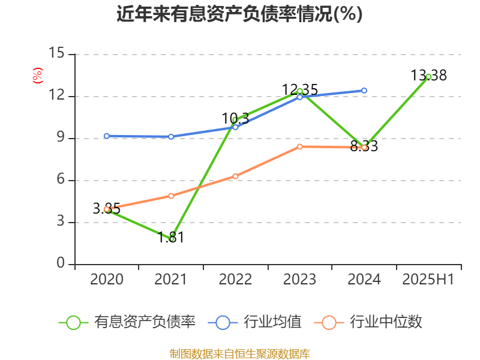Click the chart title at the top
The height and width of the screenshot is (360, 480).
[x=239, y=14]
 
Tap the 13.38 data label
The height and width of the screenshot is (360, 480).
[x=428, y=76]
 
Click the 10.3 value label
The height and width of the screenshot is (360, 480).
[x=235, y=118]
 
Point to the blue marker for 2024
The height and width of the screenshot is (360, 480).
[x=364, y=91]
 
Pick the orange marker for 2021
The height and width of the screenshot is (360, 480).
[x=171, y=196]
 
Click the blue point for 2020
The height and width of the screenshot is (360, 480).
[x=107, y=136]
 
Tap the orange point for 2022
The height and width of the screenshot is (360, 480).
[x=235, y=176]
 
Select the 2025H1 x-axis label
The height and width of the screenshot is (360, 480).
[x=428, y=280]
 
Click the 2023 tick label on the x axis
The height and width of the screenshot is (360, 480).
[x=299, y=280]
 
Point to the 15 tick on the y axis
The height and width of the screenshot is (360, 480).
[x=57, y=54]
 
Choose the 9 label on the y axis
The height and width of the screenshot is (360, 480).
[x=61, y=138]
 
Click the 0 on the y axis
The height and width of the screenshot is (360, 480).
[x=61, y=264]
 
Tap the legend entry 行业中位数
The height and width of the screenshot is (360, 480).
[x=372, y=322]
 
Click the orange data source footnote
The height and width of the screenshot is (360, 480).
[x=239, y=353]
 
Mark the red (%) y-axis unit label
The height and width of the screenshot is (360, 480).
[x=37, y=75]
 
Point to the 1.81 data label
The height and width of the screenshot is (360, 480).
[x=171, y=237]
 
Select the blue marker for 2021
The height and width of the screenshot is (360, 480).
[x=171, y=137]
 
